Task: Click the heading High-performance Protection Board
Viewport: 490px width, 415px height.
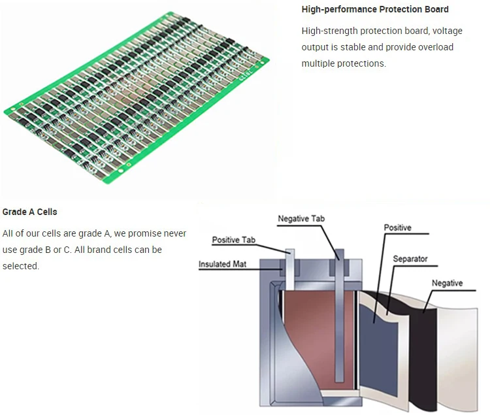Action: (x=375, y=9)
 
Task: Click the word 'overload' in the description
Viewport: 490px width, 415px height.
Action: (x=436, y=47)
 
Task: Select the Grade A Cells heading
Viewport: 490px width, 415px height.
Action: (x=30, y=212)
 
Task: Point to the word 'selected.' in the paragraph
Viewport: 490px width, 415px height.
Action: (x=21, y=266)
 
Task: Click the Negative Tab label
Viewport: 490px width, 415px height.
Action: (x=301, y=219)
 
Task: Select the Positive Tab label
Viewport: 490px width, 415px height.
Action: (x=233, y=241)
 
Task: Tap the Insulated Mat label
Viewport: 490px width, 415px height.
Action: (x=223, y=264)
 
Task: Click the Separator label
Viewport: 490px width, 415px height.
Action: (x=410, y=259)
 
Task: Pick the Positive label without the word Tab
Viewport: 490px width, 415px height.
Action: (x=397, y=228)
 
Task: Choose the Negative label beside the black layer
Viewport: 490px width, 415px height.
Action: (x=447, y=283)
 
